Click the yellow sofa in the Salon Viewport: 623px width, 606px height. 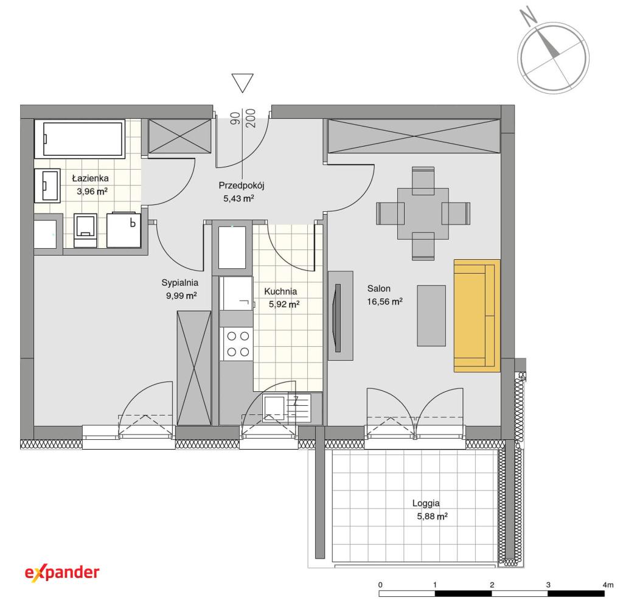coord(476,316)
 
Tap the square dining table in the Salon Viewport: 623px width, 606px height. coord(423,214)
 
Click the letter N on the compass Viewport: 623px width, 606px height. coord(529,15)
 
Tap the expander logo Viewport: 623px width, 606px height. coord(62,573)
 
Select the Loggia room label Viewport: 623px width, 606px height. coord(426,503)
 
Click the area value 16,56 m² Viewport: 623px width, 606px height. coord(385,302)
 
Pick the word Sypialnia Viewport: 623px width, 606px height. coord(179,283)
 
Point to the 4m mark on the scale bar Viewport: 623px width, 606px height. coord(608,585)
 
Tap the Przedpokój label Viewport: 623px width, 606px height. coord(241,186)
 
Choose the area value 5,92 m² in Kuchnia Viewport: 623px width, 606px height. coord(284,304)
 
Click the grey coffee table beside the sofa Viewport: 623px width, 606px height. coord(431,316)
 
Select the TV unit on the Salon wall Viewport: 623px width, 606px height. coord(341,316)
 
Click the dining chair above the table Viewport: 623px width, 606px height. coord(423,181)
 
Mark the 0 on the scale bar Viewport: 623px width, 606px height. coord(380,585)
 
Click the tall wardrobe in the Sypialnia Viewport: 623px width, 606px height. coord(194,368)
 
